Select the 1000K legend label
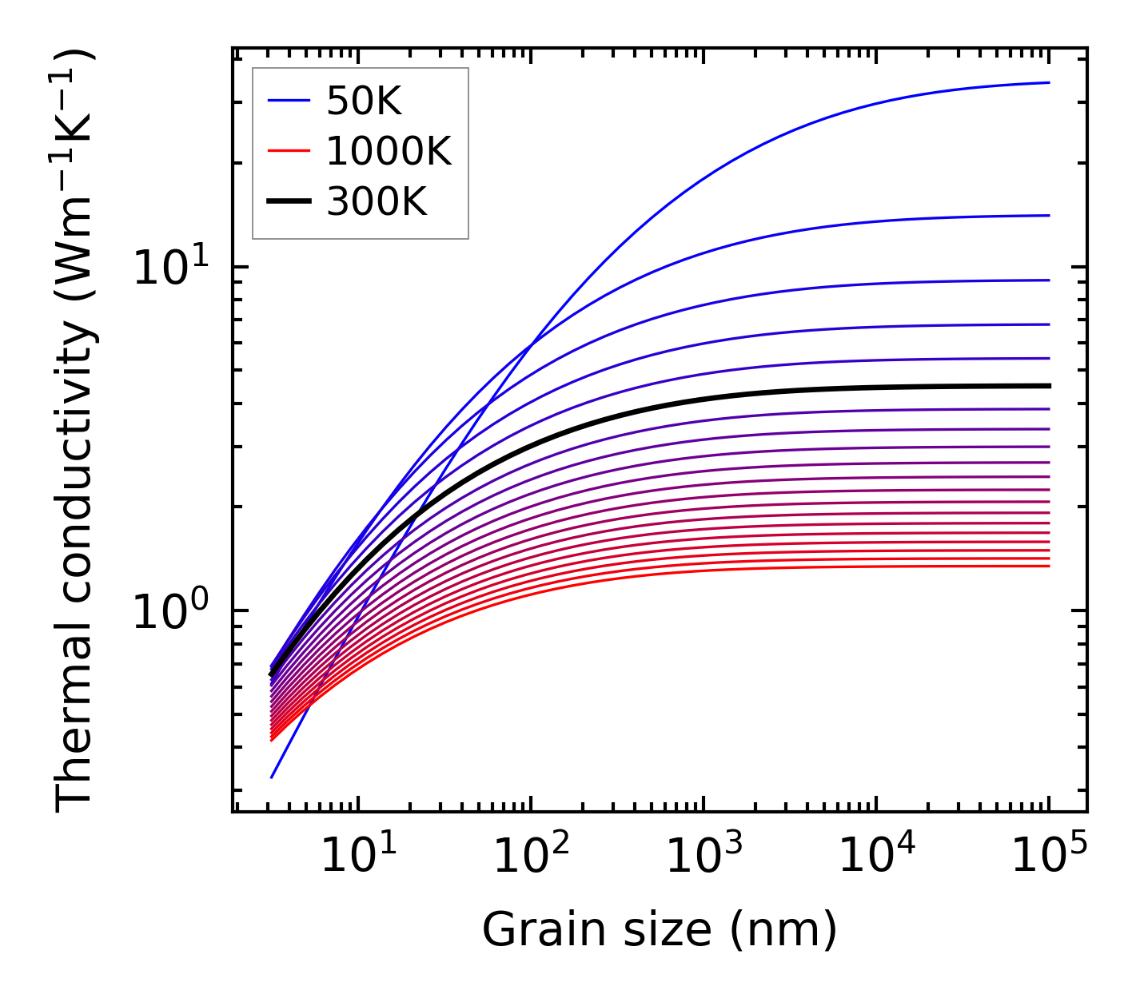389,151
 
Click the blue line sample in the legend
288,101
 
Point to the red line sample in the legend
288,151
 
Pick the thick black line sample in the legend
288,202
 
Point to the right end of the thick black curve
1048,386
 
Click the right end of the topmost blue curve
1048,82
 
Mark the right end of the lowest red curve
1048,566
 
